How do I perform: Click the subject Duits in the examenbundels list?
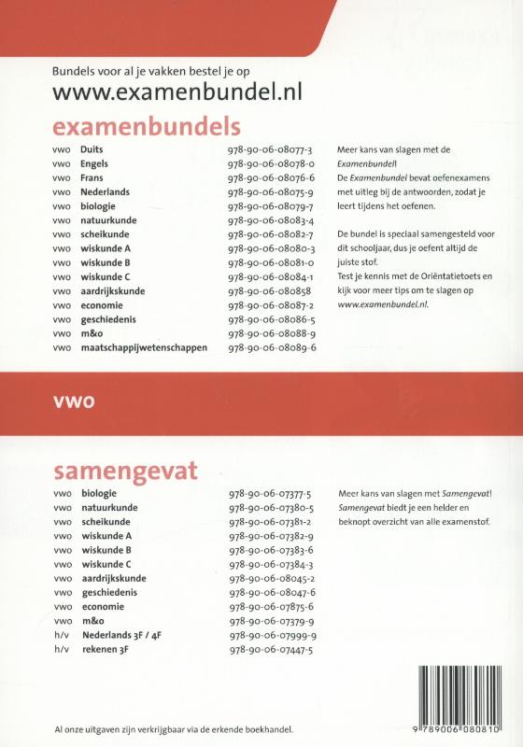click(x=92, y=149)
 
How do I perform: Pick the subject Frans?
click(x=92, y=177)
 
